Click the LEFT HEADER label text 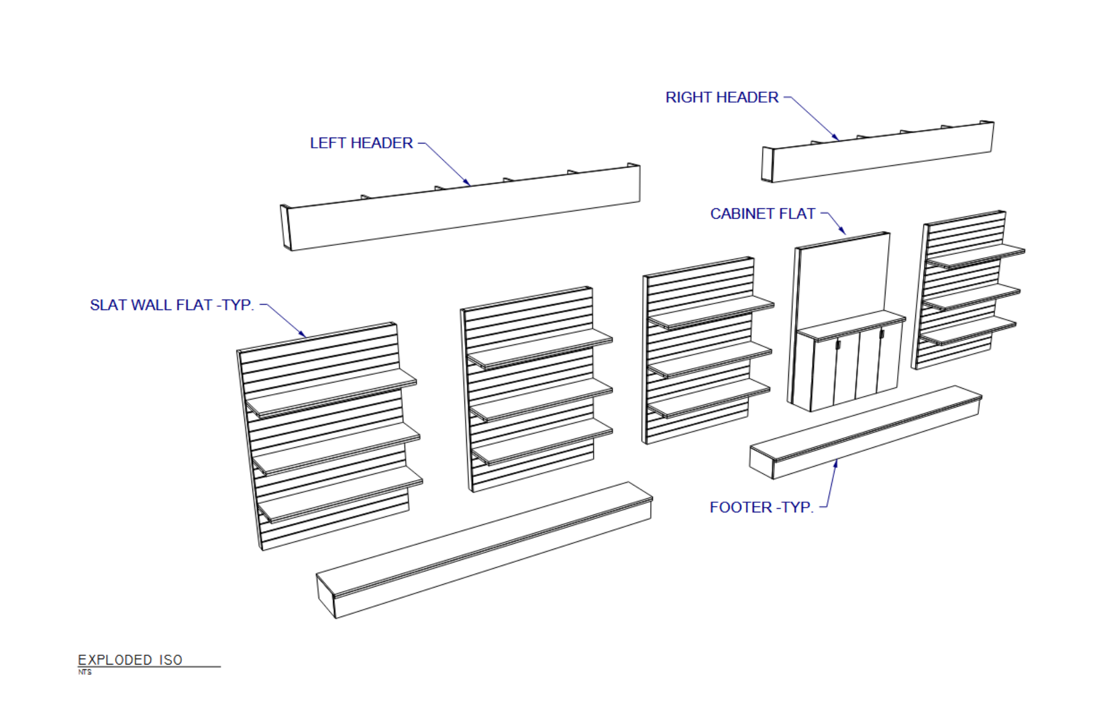pos(361,143)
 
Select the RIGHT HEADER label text pos(722,97)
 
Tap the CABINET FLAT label pos(763,214)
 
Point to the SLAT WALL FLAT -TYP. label pos(172,305)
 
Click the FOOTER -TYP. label pos(762,507)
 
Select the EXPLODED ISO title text pos(130,659)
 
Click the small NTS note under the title pos(85,672)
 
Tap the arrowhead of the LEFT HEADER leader pos(468,183)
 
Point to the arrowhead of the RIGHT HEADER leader pos(836,138)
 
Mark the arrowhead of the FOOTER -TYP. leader pos(835,463)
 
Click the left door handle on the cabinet pos(837,345)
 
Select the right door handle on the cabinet pos(882,334)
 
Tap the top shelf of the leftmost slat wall pos(331,393)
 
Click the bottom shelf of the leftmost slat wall pos(340,493)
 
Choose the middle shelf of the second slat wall pos(541,399)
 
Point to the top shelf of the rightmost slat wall pos(976,256)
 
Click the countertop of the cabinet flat pos(851,326)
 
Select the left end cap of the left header pos(286,228)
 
